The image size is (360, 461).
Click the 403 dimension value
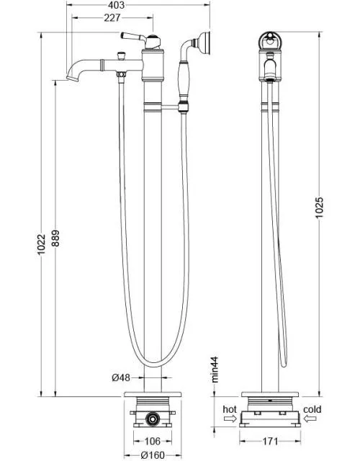[116, 5]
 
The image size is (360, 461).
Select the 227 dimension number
[112, 17]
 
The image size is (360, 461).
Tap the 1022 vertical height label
[42, 244]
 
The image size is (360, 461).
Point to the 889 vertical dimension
[55, 238]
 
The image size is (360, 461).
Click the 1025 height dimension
[319, 207]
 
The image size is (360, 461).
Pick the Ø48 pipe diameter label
[121, 377]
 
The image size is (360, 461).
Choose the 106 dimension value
[153, 441]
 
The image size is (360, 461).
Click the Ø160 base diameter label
[153, 455]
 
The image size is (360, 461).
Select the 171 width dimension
[270, 441]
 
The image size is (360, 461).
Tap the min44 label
[215, 370]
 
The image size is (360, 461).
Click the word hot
[230, 409]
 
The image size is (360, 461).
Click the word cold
[312, 409]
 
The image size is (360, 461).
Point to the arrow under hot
[230, 419]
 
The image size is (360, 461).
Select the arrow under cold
[310, 419]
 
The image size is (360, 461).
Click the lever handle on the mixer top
[132, 37]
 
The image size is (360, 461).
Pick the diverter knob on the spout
[121, 55]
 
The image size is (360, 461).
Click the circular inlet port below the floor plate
[153, 419]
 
